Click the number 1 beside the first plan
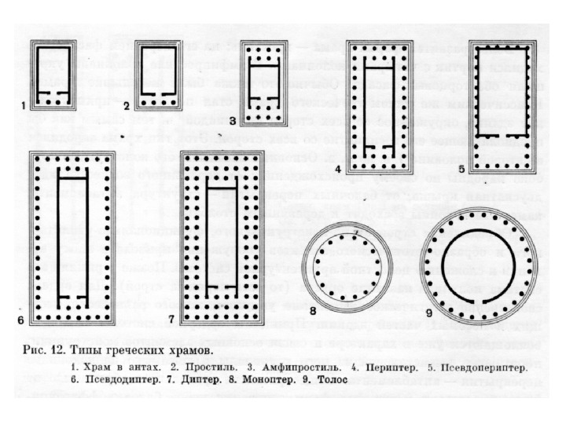(24, 104)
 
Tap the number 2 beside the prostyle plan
(127, 104)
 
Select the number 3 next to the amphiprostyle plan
(233, 121)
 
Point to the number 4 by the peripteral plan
(337, 169)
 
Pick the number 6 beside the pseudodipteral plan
(21, 320)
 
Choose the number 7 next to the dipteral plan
(172, 320)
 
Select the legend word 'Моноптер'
(252, 378)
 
